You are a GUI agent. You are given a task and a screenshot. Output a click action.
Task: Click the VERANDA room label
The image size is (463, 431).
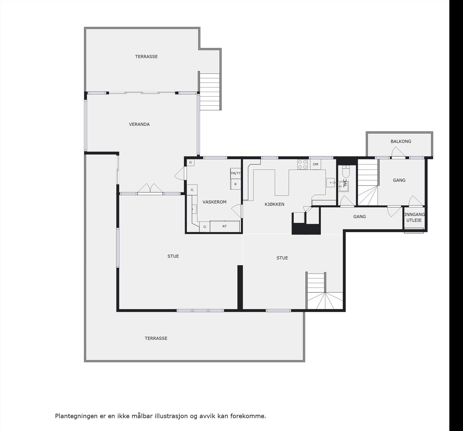point(139,124)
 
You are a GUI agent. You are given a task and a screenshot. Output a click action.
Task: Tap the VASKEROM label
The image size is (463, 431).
point(214,202)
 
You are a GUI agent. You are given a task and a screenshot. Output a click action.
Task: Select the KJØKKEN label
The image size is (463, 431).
point(274,204)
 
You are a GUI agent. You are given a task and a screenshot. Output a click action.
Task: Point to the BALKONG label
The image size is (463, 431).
point(401,141)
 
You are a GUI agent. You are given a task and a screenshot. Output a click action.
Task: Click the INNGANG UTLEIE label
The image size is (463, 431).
point(414,217)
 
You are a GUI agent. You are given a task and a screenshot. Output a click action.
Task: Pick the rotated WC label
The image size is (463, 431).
point(345,183)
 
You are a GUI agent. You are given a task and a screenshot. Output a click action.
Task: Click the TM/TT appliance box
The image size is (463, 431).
point(236,173)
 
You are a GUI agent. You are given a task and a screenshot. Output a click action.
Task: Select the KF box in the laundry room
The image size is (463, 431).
point(225,226)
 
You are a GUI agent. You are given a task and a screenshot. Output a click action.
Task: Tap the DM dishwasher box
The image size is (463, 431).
point(315,164)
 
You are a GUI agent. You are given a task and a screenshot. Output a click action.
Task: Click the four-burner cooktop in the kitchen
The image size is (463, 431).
point(303,164)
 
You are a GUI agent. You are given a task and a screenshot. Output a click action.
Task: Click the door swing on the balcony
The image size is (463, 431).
point(398,152)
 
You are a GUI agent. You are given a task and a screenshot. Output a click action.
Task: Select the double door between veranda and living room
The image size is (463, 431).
point(150,188)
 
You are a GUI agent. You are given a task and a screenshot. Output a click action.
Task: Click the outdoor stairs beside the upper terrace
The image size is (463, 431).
point(210,91)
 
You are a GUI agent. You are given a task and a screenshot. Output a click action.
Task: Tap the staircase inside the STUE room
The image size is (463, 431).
point(321,292)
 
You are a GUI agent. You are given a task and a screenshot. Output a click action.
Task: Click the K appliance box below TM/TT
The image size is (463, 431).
point(236,184)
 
